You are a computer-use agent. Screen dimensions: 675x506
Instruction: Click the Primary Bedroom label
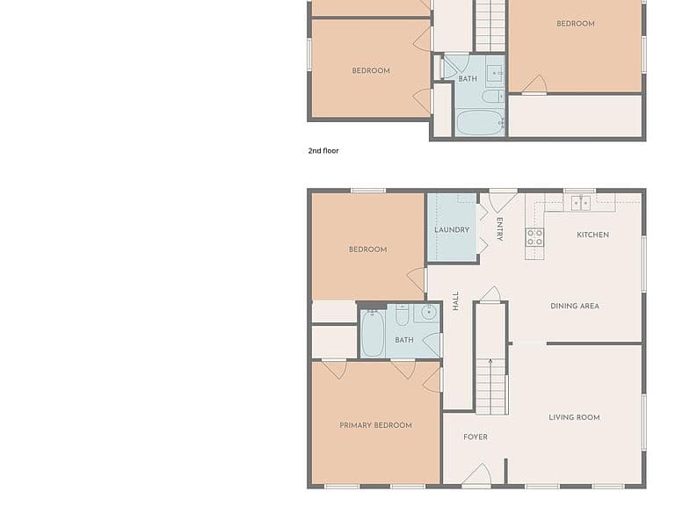(x=375, y=425)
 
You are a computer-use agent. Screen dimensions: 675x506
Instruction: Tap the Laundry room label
(x=452, y=230)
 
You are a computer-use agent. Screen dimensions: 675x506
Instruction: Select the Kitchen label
(x=592, y=235)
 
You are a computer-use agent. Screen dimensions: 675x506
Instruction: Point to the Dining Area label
(x=575, y=306)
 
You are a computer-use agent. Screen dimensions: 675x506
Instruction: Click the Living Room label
(x=574, y=417)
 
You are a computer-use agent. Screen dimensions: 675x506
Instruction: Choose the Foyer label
(x=475, y=437)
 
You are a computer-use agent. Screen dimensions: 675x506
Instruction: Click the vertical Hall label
(x=456, y=300)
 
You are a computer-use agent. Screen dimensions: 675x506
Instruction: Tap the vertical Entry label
(x=499, y=229)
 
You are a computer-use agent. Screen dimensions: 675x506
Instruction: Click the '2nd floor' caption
(x=323, y=150)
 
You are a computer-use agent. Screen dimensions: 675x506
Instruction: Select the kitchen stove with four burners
(x=534, y=237)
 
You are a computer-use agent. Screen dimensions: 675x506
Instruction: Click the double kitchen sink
(x=581, y=203)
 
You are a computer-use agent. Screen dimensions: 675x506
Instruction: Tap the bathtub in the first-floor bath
(x=373, y=334)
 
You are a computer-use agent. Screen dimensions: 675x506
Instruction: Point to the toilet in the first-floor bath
(x=402, y=315)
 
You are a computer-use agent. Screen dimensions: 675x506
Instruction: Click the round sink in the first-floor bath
(x=429, y=313)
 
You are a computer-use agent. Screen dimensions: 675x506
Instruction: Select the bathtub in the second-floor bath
(x=481, y=123)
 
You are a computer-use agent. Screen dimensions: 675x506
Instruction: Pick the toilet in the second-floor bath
(x=493, y=97)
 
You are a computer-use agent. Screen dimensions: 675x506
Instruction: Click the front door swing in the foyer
(x=477, y=474)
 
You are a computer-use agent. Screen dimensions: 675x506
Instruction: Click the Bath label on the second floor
(x=468, y=79)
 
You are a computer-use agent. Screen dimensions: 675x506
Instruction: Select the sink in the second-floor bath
(x=495, y=74)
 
